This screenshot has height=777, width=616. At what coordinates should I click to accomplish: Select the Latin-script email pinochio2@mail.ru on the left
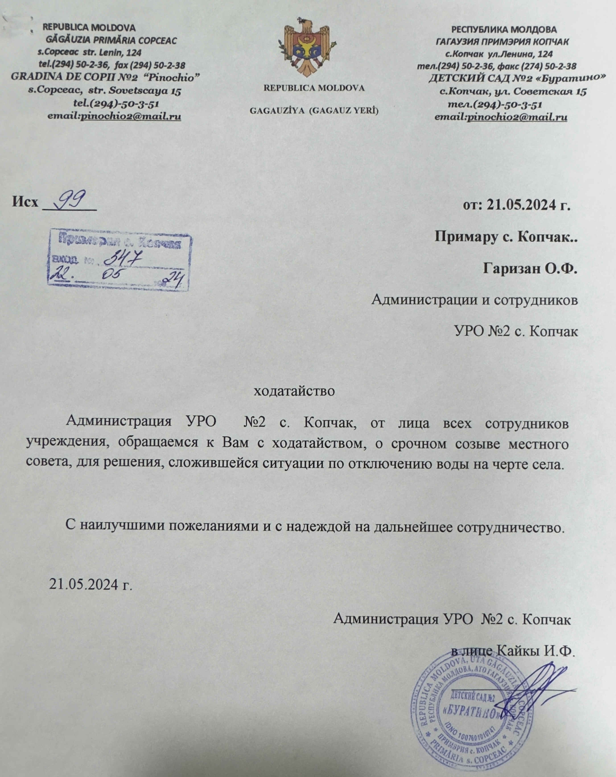click(x=131, y=117)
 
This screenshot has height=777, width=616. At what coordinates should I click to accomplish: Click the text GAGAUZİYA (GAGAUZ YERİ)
click(x=314, y=111)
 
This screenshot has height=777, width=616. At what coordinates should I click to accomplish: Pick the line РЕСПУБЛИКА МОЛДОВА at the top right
click(x=504, y=29)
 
